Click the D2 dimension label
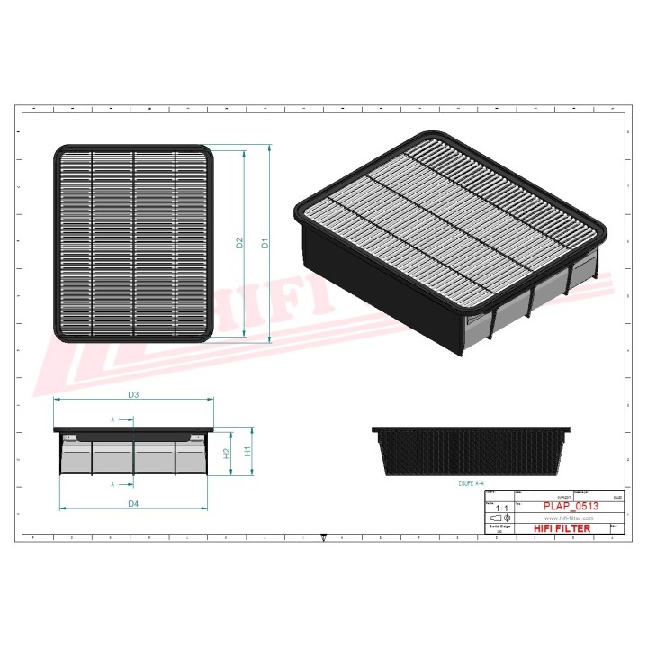pos(239,243)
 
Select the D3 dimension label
pos(132,394)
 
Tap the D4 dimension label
pos(132,502)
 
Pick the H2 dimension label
pos(227,453)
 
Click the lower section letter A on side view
pos(112,484)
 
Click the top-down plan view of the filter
pos(136,243)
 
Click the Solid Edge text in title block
pos(497,528)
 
